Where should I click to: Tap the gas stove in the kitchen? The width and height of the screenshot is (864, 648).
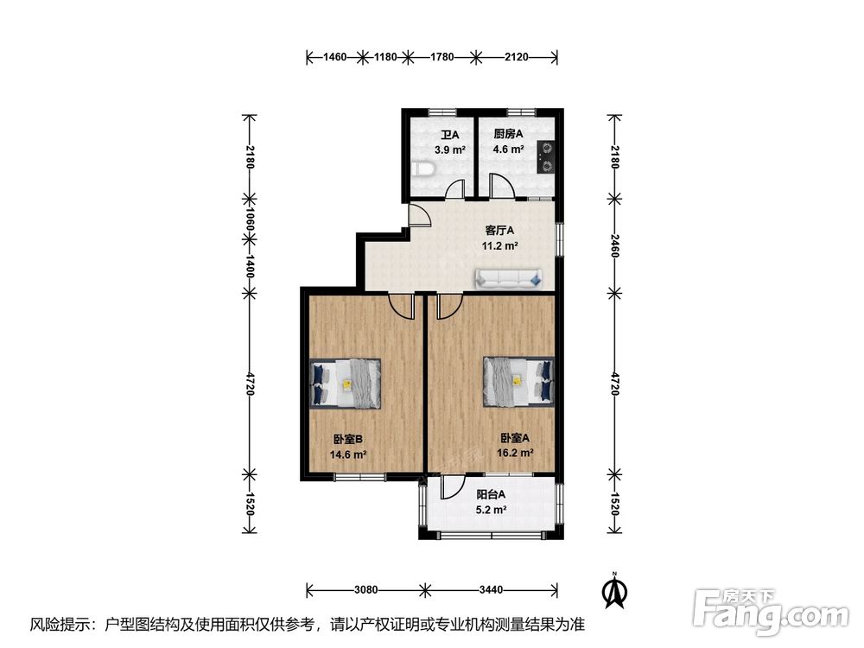545,156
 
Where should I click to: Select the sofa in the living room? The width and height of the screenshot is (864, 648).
509,279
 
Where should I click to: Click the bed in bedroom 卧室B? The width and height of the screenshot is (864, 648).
346,384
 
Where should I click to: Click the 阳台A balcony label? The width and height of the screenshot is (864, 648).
491,495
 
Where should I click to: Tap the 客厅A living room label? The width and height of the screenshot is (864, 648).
499,231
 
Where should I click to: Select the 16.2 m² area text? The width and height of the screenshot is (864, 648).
515,454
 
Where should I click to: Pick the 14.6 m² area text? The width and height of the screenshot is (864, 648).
348,454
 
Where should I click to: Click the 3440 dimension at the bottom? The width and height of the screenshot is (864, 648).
491,590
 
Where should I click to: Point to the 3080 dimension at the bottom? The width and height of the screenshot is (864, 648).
365,590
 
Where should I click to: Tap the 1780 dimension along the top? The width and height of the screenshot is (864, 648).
442,57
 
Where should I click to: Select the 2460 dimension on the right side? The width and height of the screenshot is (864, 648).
615,245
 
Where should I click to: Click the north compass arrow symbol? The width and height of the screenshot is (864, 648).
615,590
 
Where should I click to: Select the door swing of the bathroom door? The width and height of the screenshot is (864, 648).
455,189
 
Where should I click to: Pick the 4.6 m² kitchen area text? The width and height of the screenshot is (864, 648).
508,149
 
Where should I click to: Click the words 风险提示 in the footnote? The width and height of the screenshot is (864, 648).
60,625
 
